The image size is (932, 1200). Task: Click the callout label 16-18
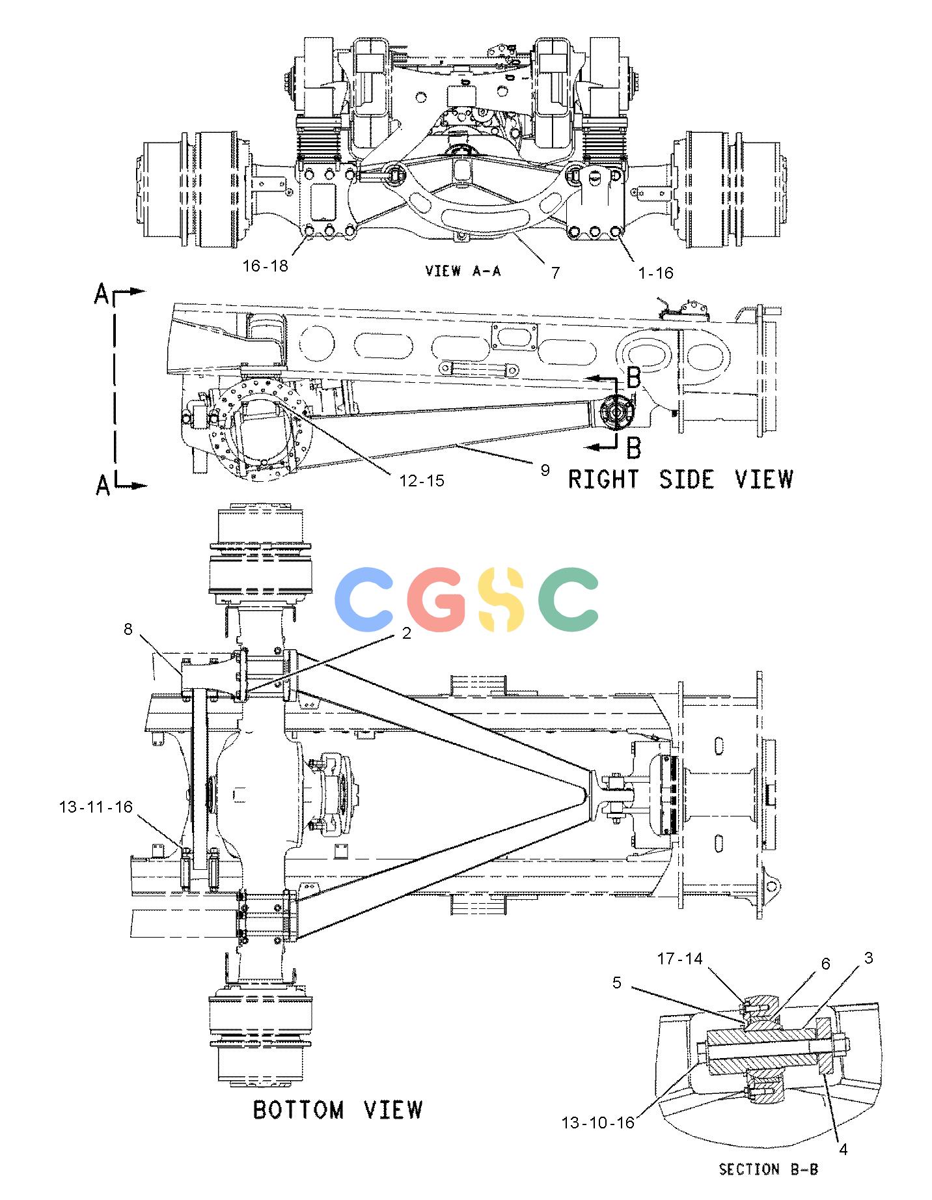(x=265, y=266)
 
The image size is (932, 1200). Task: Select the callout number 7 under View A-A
(x=555, y=272)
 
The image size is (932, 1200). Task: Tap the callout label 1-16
(x=655, y=273)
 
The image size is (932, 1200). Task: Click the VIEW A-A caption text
(x=463, y=271)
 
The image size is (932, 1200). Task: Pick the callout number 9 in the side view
(x=545, y=469)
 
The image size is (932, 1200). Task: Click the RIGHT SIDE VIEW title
(x=681, y=479)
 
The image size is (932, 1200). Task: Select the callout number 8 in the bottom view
(x=128, y=628)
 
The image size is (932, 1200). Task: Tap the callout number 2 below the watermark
(x=407, y=633)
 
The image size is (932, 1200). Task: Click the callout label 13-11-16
(x=96, y=807)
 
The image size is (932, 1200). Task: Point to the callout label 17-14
(x=680, y=958)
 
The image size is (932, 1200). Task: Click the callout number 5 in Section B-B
(x=617, y=983)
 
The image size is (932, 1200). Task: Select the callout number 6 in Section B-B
(x=826, y=964)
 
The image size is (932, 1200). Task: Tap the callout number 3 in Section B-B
(x=869, y=958)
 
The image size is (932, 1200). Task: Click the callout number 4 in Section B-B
(x=843, y=1150)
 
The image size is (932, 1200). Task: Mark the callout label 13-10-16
(x=598, y=1123)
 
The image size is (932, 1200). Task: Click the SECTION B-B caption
(x=768, y=1169)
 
